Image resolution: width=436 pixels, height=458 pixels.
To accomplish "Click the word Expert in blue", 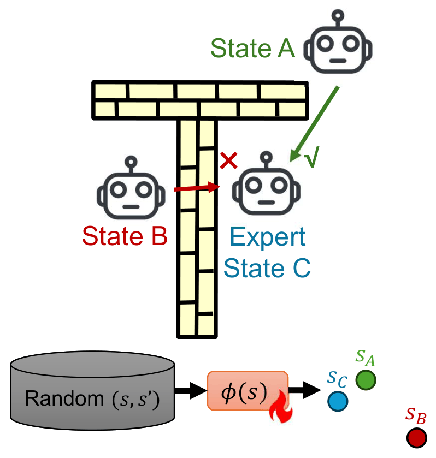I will [x=268, y=238].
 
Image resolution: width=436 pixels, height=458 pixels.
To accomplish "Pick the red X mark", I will [x=228, y=160].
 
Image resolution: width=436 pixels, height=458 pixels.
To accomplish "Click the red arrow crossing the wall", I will [x=197, y=188].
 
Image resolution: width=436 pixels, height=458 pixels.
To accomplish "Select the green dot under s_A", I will [x=366, y=380].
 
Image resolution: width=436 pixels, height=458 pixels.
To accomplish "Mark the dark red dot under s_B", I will [x=416, y=437].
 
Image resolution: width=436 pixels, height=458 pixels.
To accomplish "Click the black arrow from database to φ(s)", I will [x=188, y=391].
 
